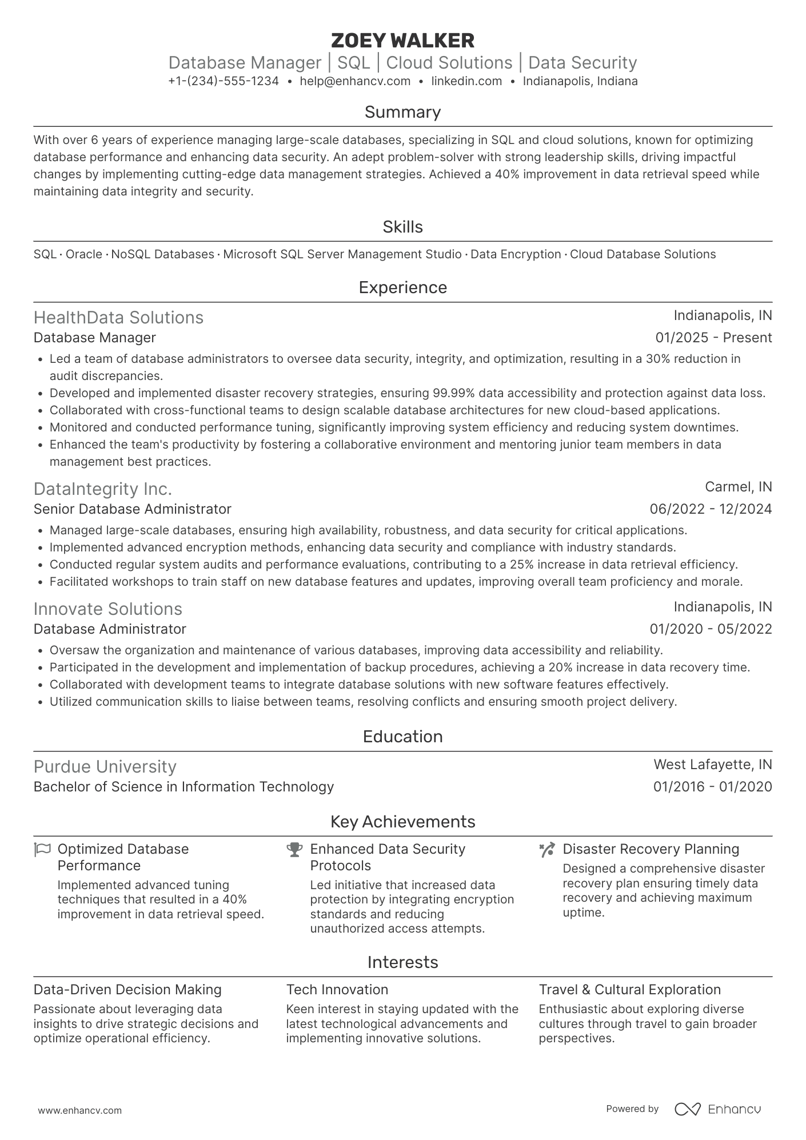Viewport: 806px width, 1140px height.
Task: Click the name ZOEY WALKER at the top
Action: (402, 41)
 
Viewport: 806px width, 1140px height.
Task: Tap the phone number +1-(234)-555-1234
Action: (224, 81)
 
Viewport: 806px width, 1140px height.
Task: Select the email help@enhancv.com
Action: (355, 81)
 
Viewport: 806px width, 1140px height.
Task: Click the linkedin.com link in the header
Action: (466, 81)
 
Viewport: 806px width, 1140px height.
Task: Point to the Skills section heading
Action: (402, 227)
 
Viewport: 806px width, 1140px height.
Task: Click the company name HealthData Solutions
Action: (118, 317)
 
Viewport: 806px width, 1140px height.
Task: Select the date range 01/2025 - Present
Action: (713, 338)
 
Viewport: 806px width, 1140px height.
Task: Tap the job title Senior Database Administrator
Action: (132, 509)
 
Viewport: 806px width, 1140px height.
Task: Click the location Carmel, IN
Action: (738, 487)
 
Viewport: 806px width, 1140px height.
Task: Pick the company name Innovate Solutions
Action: (107, 609)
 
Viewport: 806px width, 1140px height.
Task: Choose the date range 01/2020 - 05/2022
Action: (711, 629)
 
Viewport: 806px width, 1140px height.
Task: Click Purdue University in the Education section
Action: (105, 766)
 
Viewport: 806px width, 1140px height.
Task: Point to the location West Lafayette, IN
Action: (712, 765)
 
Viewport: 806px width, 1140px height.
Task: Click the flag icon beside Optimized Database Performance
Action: (42, 849)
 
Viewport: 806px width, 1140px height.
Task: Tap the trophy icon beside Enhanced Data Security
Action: (294, 850)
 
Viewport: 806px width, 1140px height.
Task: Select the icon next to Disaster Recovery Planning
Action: (547, 850)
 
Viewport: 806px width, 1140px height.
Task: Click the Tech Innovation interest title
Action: (337, 990)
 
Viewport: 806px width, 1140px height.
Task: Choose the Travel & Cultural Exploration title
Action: (629, 990)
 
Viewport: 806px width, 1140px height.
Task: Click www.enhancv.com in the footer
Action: (79, 1110)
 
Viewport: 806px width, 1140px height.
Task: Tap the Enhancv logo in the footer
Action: (718, 1109)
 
